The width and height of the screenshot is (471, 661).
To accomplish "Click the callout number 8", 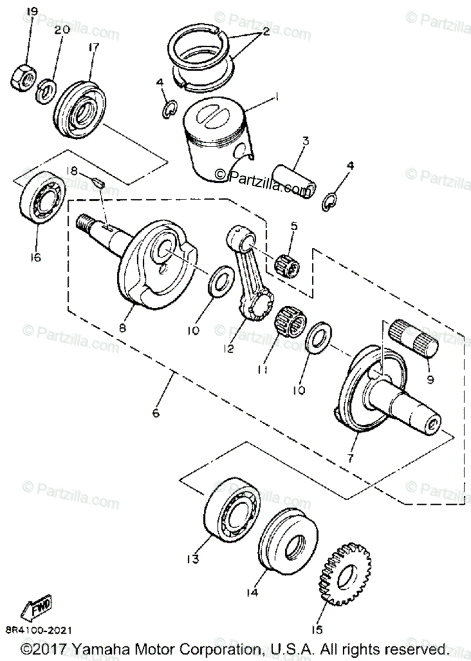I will [122, 327].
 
